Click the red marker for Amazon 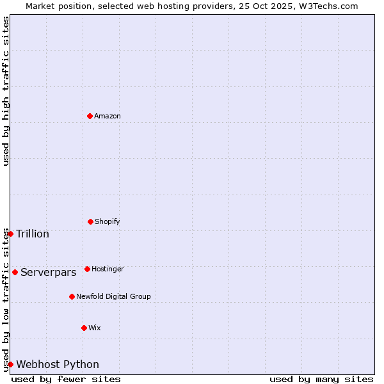[x=90, y=116]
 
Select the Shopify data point [x=90, y=221]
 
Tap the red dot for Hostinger [x=87, y=269]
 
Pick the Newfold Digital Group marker [x=72, y=296]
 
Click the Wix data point [x=84, y=328]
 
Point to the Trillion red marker [x=10, y=234]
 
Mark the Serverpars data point [x=15, y=272]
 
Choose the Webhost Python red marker [x=10, y=364]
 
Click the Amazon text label [x=108, y=116]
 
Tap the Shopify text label [x=108, y=221]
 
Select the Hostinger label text [x=108, y=269]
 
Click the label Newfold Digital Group [x=113, y=296]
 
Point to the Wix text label [x=95, y=328]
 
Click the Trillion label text [x=33, y=234]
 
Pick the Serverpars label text [x=49, y=272]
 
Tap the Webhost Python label [x=58, y=364]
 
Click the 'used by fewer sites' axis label [x=66, y=379]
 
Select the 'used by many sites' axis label [x=321, y=379]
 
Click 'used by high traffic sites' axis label [x=6, y=91]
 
